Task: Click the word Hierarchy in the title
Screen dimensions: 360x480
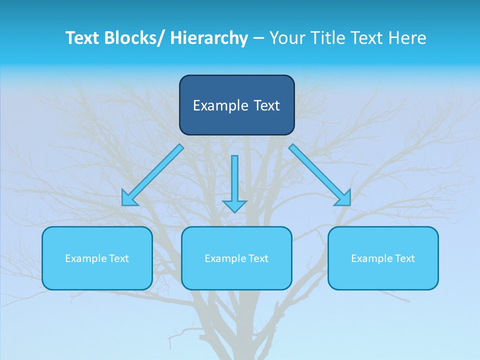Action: point(209,38)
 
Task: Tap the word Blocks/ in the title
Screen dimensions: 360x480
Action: point(134,38)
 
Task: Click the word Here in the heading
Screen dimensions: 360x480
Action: point(406,38)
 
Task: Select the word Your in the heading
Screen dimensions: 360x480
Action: point(287,38)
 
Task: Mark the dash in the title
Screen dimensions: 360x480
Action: point(258,38)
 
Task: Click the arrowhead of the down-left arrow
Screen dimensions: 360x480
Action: point(128,199)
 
